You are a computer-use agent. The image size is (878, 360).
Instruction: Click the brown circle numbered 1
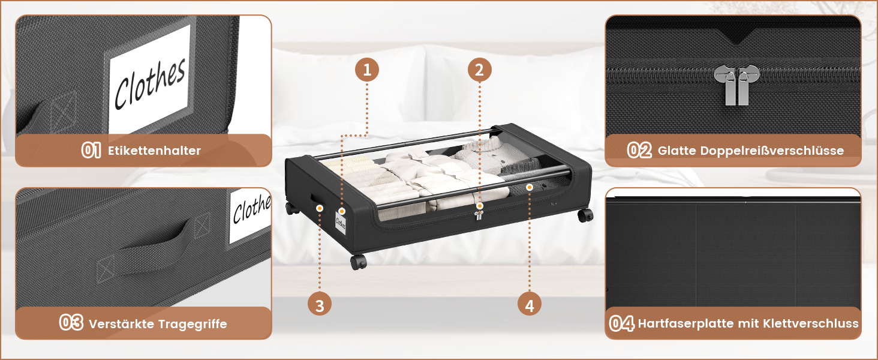pyautogui.click(x=367, y=70)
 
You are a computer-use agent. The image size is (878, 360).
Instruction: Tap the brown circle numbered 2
pyautogui.click(x=479, y=70)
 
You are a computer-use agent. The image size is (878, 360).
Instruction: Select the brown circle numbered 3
pyautogui.click(x=320, y=305)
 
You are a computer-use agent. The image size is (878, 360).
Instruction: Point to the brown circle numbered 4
pyautogui.click(x=529, y=305)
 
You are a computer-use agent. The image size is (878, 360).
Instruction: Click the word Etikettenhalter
pyautogui.click(x=154, y=151)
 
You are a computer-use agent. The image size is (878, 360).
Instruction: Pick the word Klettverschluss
pyautogui.click(x=811, y=323)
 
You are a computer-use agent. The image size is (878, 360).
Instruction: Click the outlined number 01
pyautogui.click(x=91, y=150)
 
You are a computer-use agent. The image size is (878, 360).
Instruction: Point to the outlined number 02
pyautogui.click(x=639, y=150)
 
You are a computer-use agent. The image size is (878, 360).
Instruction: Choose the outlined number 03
pyautogui.click(x=71, y=323)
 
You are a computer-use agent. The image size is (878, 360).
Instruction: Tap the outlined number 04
pyautogui.click(x=622, y=323)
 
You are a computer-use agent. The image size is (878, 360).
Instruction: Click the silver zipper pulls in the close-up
pyautogui.click(x=736, y=85)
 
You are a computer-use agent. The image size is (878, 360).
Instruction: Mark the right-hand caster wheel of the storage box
pyautogui.click(x=585, y=215)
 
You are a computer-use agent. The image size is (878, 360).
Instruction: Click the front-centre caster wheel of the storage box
pyautogui.click(x=358, y=262)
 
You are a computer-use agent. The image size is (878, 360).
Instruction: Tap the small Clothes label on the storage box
pyautogui.click(x=341, y=223)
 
